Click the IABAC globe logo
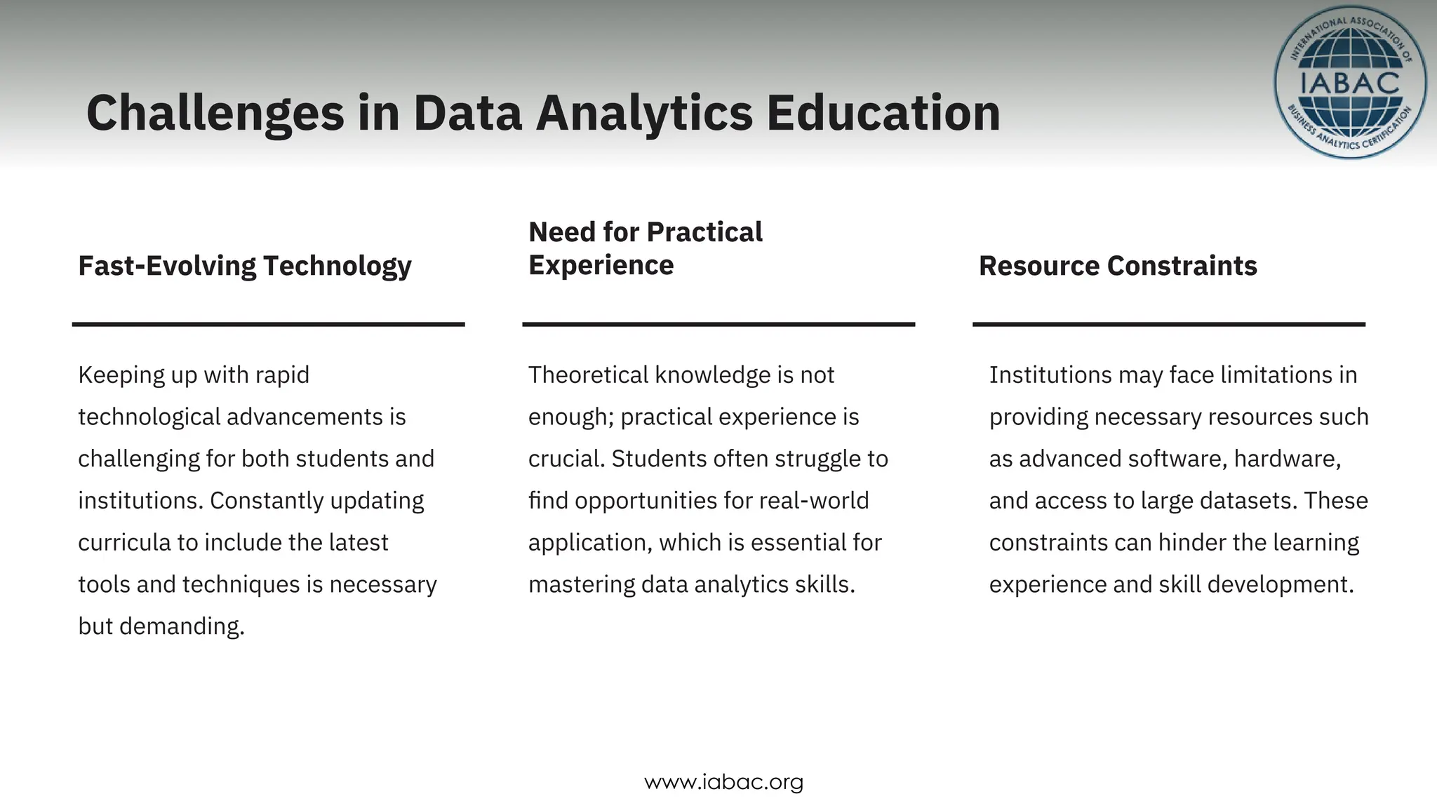click(1350, 83)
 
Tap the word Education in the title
click(883, 114)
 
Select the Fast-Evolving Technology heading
click(245, 266)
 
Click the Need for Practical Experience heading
click(645, 248)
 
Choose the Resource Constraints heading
click(1118, 266)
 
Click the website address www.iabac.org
click(723, 781)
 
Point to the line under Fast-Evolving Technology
click(268, 324)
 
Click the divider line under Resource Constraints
click(1169, 324)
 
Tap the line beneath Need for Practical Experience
click(718, 324)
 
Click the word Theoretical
click(587, 375)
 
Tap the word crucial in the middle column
click(566, 459)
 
